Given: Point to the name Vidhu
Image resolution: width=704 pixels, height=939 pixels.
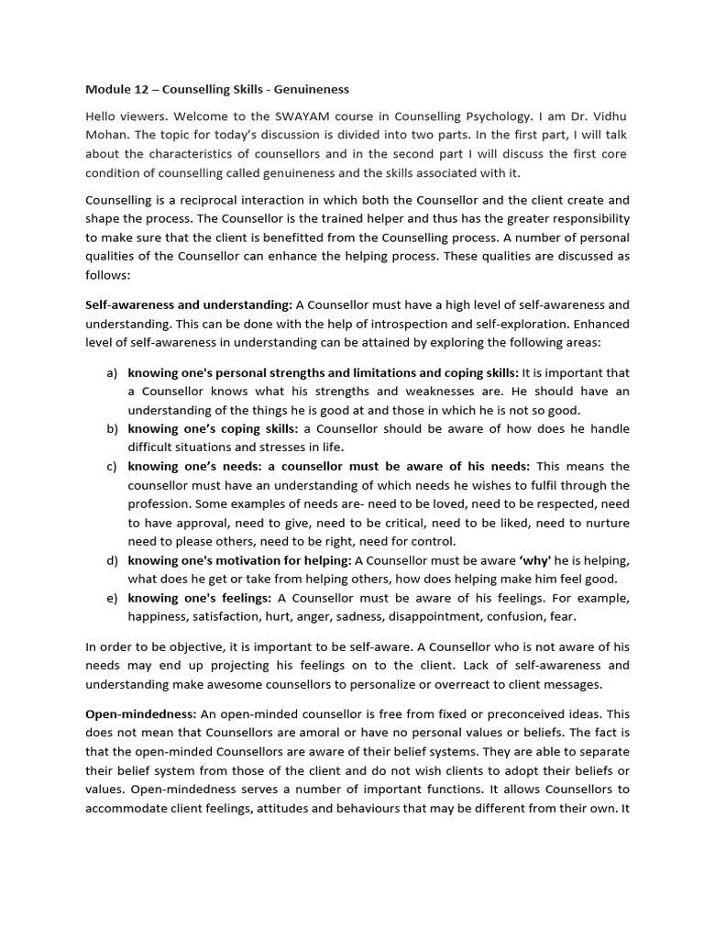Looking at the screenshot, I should click(606, 116).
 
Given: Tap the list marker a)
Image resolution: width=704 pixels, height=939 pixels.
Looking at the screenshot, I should click(112, 373).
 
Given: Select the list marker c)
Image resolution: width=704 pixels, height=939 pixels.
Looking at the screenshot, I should click(112, 467).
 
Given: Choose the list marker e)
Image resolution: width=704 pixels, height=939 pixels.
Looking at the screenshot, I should click(112, 598).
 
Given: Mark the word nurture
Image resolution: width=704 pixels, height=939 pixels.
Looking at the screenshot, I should click(608, 523).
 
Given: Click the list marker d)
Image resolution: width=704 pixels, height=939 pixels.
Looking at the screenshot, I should click(112, 560).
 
